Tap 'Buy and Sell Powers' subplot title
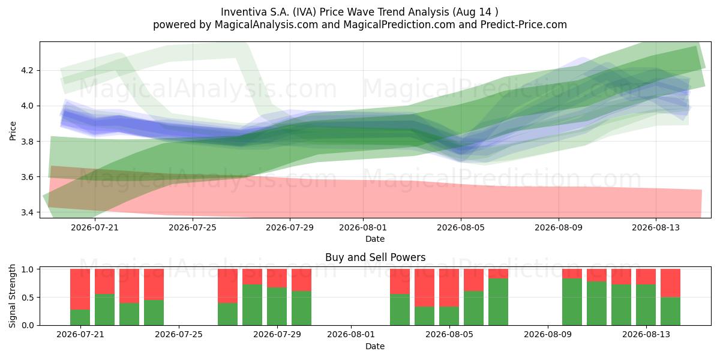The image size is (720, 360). [375, 257]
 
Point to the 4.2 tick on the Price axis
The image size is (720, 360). [27, 70]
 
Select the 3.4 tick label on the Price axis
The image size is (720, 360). [27, 212]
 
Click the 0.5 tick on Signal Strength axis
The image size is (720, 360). [28, 298]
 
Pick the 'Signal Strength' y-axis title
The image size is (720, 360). [12, 296]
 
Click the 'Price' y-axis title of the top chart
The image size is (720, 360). [13, 131]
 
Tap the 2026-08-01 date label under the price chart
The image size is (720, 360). [363, 227]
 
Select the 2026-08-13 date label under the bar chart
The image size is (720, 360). [646, 335]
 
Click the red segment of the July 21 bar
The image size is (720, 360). [80, 289]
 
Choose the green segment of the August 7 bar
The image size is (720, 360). [498, 302]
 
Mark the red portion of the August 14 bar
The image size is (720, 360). [671, 283]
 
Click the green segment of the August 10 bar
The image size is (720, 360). [572, 302]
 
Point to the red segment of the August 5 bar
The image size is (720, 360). [449, 287]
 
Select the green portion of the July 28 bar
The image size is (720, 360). [253, 305]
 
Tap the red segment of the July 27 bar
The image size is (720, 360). [228, 286]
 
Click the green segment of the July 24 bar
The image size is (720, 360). [154, 313]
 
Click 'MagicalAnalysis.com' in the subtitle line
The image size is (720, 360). [266, 25]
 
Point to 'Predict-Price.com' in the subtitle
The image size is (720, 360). [524, 25]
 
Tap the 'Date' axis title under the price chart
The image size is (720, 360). [375, 239]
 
